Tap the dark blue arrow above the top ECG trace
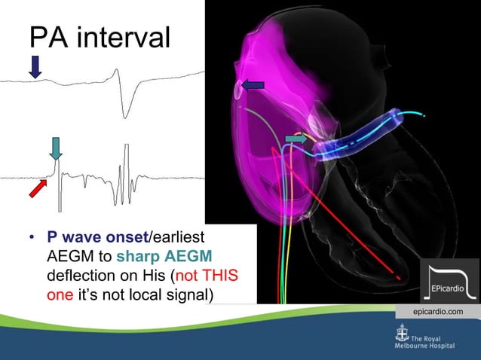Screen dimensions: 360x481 [x=35, y=67]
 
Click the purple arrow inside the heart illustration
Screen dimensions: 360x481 [x=252, y=86]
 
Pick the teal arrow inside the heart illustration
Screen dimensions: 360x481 [x=296, y=139]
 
